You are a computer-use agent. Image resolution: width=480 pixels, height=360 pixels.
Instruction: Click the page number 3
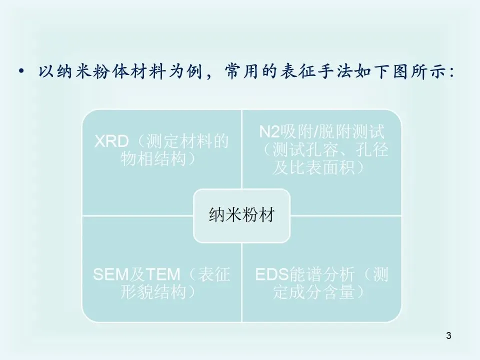[x=448, y=336]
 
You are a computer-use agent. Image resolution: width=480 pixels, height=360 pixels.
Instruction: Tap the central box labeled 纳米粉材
[x=241, y=214]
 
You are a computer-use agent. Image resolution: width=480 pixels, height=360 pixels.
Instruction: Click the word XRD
[x=111, y=142]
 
